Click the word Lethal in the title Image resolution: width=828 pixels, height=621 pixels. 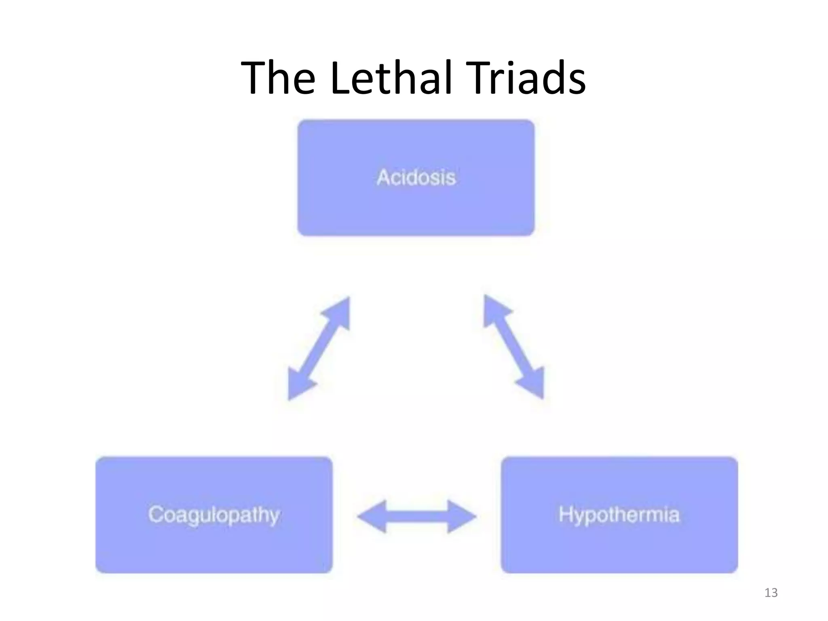tap(391, 77)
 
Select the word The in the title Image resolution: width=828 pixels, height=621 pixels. tap(278, 77)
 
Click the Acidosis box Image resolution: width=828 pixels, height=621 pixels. tap(416, 177)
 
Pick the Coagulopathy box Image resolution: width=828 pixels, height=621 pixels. tap(214, 515)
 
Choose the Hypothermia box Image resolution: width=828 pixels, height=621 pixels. tap(619, 515)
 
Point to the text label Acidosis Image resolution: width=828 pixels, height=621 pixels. tap(416, 177)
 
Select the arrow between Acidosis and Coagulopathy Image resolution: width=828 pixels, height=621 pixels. tap(319, 349)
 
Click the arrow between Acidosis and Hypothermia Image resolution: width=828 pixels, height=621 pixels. tap(514, 347)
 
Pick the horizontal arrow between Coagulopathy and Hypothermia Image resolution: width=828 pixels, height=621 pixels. tap(417, 516)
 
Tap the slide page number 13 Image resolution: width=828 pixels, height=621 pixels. tap(771, 593)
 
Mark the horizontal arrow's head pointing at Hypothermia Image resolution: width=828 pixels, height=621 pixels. tap(461, 516)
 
